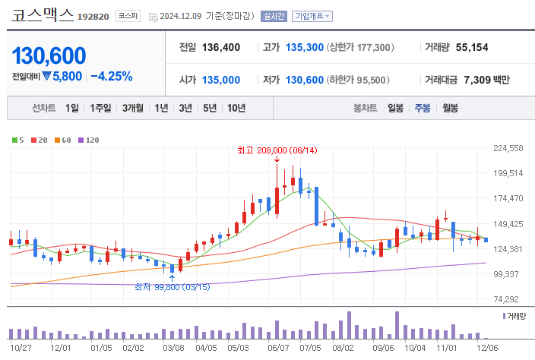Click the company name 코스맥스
click(x=43, y=14)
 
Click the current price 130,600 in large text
click(x=49, y=55)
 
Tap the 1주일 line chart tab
click(x=101, y=108)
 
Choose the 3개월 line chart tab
click(x=134, y=108)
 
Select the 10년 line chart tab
click(x=236, y=108)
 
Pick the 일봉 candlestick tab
click(x=395, y=108)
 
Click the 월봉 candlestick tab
click(x=450, y=108)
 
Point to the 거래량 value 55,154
click(x=472, y=47)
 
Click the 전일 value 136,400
click(x=221, y=47)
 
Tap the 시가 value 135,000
click(x=221, y=80)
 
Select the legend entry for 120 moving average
click(x=90, y=140)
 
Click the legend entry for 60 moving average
click(x=64, y=140)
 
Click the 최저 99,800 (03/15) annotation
click(x=173, y=286)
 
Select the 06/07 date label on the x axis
click(x=279, y=347)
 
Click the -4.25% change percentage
click(x=111, y=76)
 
